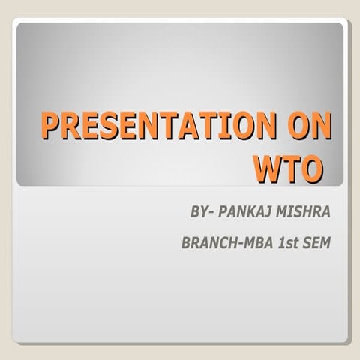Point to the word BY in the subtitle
point(199,214)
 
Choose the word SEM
point(316,245)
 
